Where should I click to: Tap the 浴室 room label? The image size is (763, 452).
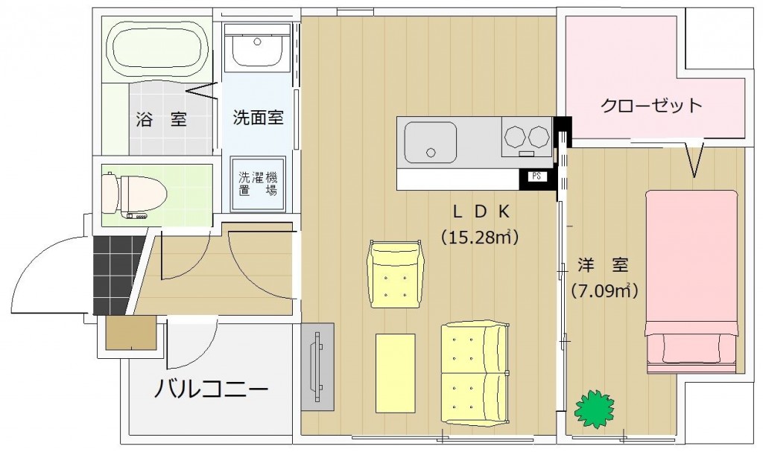[162, 119]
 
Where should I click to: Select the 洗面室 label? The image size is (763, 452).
[258, 117]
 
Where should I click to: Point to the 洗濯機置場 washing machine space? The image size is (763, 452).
[257, 184]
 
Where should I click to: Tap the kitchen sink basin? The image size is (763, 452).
[431, 142]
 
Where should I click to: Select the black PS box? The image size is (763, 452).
[536, 177]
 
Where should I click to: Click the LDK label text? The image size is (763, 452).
[481, 211]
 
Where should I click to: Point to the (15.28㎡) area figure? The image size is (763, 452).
[480, 237]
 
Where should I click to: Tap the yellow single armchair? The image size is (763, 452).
[396, 274]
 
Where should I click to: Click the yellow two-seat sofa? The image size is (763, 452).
[476, 372]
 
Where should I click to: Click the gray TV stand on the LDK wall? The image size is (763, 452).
[317, 367]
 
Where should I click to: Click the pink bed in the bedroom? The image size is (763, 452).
[692, 281]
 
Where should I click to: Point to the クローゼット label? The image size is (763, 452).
[651, 105]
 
